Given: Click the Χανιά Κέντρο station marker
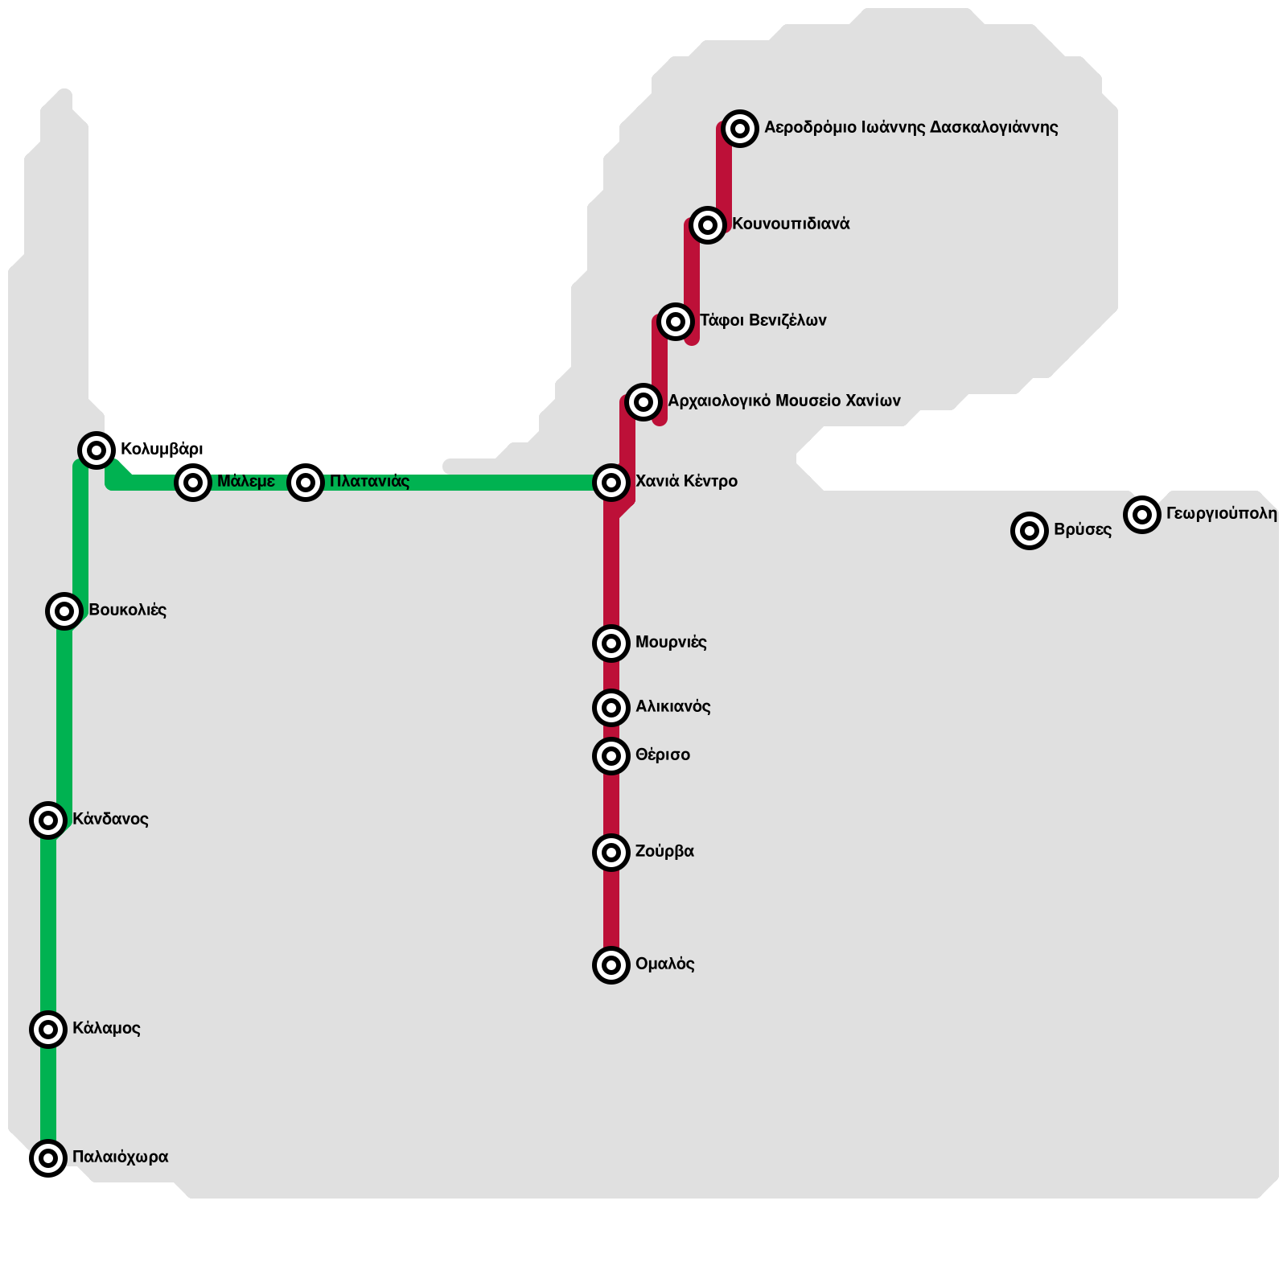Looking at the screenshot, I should coord(611,483).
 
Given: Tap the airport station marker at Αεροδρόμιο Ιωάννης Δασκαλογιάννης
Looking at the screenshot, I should coord(740,129).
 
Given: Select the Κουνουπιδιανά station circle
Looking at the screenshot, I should coord(707,225).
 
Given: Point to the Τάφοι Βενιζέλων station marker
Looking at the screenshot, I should coord(676,322).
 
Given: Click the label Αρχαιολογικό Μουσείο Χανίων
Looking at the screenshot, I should coord(783,401).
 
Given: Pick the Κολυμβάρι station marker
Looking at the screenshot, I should coord(97,450).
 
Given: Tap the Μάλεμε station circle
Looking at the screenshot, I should coord(193,483).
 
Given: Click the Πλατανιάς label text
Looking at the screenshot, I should coord(369,482).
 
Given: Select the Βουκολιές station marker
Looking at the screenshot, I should coord(64,611).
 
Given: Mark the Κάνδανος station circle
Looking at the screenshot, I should coord(48,820).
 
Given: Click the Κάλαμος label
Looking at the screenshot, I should coord(106,1029).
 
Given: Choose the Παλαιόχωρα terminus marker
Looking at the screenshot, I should coord(48,1158).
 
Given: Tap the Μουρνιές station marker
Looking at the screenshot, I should coord(611,643).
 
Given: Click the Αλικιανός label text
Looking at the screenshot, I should coord(672,707).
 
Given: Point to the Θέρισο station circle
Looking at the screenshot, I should coord(611,756).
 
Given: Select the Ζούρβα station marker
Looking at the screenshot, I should coord(611,853).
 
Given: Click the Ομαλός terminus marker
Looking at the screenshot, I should coord(611,965).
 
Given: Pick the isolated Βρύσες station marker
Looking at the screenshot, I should coord(1030,531).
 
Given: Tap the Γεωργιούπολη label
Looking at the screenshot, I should coord(1221,513).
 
